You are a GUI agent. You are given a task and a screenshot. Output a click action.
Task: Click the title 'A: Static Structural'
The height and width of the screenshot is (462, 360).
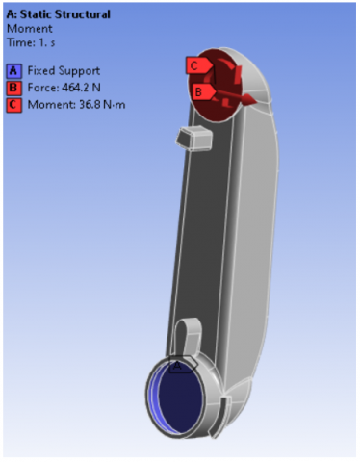pyautogui.click(x=59, y=14)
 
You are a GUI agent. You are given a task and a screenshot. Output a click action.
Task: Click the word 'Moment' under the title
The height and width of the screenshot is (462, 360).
pyautogui.click(x=30, y=29)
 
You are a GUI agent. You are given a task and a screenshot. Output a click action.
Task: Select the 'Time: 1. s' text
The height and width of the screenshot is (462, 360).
pyautogui.click(x=31, y=42)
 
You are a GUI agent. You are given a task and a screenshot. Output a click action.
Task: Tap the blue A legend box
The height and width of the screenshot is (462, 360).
pyautogui.click(x=13, y=71)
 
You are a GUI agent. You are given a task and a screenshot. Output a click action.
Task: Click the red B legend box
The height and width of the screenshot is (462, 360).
pyautogui.click(x=13, y=88)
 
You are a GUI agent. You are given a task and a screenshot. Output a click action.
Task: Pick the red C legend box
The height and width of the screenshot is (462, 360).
pyautogui.click(x=13, y=105)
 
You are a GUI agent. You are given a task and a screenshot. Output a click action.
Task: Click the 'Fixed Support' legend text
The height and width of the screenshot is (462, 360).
pyautogui.click(x=64, y=71)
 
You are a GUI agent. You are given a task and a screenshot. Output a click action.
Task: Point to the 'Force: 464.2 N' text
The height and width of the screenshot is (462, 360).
pyautogui.click(x=64, y=88)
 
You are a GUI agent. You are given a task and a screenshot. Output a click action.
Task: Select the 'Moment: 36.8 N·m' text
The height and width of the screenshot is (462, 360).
pyautogui.click(x=76, y=105)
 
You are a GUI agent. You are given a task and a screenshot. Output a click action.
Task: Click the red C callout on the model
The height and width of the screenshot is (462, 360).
pyautogui.click(x=198, y=65)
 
